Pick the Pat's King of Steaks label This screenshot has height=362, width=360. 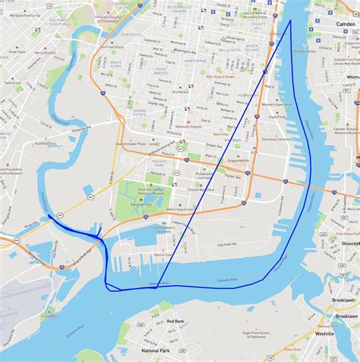pos(219,77)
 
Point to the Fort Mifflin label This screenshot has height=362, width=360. pos(49,316)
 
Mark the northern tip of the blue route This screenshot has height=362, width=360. pos(290,20)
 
